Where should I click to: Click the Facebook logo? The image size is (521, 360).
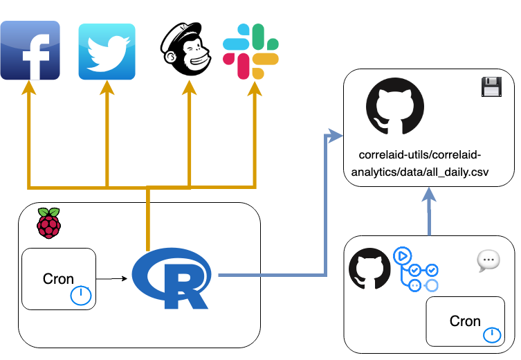[30, 51]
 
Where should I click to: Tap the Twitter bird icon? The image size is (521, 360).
[107, 52]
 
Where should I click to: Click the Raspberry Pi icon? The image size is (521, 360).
[48, 223]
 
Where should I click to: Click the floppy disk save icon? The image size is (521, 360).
[491, 87]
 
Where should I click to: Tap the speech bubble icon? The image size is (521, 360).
[488, 260]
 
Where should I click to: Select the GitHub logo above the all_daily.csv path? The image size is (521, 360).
[394, 107]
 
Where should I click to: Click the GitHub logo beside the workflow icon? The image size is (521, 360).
[370, 269]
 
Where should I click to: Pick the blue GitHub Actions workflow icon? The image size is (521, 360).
[415, 270]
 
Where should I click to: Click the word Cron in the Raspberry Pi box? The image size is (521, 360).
[58, 279]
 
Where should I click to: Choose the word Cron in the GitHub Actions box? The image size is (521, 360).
[465, 321]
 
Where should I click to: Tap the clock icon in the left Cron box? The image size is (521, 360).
[81, 296]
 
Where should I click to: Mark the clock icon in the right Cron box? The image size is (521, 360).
[492, 335]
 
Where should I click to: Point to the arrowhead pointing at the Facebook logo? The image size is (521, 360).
[29, 87]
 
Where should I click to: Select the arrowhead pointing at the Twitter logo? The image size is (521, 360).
[107, 87]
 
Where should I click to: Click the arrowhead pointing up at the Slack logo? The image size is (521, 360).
[255, 87]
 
